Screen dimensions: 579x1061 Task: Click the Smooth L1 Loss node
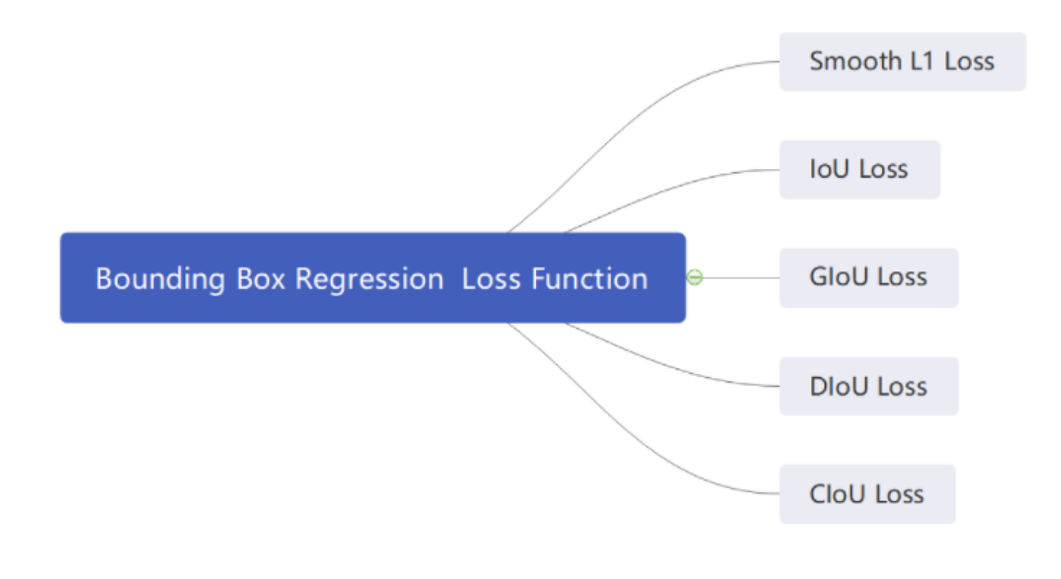[902, 62]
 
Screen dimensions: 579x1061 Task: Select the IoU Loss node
[859, 170]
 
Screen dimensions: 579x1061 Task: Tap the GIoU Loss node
[868, 277]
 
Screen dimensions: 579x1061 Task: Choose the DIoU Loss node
[868, 386]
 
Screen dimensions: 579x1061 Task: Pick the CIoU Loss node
[866, 494]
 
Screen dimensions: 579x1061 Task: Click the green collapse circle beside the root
[694, 277]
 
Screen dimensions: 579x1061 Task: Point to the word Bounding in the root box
[160, 279]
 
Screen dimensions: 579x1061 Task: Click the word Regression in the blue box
[369, 279]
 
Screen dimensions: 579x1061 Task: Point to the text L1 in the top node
[921, 61]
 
